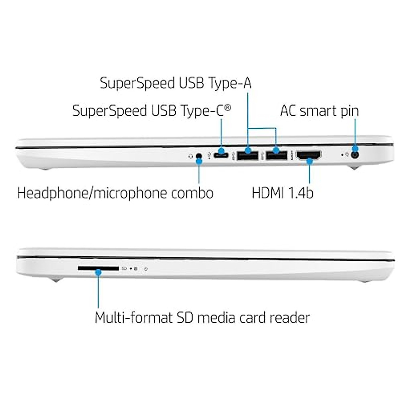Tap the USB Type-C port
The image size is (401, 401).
pos(221,155)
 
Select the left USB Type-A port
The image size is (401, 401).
pos(248,155)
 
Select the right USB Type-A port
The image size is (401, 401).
pos(277,155)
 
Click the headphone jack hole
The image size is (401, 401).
pos(199,156)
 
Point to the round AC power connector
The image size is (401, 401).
pos(355,155)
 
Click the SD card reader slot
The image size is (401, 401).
pos(98,268)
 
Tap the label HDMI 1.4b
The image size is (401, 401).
pos(282,193)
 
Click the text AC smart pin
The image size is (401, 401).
pos(319,111)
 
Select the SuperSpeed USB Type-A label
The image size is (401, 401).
pos(175,83)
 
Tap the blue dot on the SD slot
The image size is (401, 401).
pos(98,273)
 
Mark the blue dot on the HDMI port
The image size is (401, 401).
pos(309,161)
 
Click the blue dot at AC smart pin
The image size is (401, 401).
pos(355,149)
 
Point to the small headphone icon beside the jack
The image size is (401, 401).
pos(190,156)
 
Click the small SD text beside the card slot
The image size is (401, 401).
pos(124,269)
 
